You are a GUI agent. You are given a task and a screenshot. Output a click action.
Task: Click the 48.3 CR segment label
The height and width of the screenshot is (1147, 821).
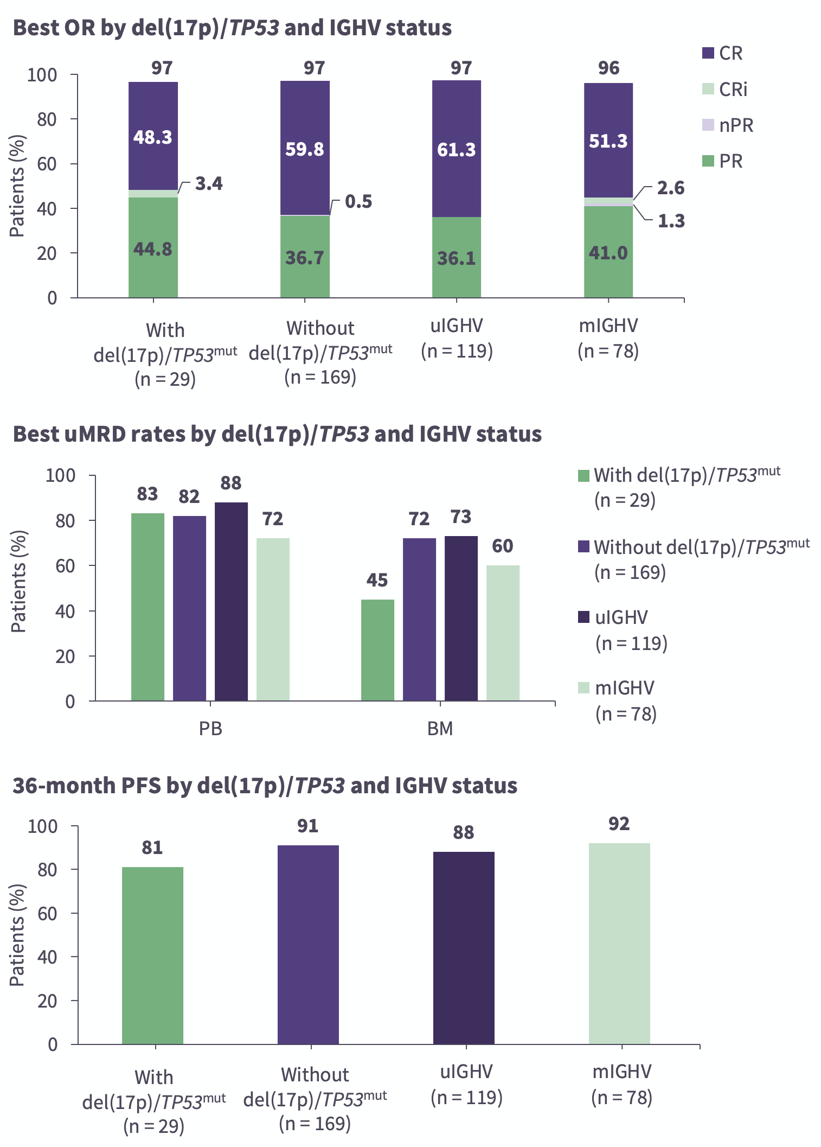pyautogui.click(x=153, y=137)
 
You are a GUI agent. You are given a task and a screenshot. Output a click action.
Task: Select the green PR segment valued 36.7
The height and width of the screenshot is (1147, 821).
pyautogui.click(x=305, y=257)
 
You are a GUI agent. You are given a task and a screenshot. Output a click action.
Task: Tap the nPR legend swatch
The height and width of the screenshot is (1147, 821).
pyautogui.click(x=708, y=125)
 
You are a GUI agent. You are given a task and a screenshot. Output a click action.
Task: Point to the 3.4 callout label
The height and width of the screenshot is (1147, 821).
pyautogui.click(x=209, y=184)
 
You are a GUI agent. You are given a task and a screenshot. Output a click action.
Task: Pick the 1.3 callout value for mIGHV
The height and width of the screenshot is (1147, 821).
pyautogui.click(x=671, y=221)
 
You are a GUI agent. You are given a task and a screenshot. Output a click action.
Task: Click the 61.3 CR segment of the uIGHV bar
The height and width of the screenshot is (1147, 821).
pyautogui.click(x=457, y=149)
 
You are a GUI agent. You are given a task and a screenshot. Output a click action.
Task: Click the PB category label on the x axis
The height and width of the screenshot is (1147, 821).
pyautogui.click(x=210, y=728)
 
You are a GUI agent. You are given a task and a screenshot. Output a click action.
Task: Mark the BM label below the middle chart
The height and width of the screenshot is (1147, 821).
pyautogui.click(x=440, y=728)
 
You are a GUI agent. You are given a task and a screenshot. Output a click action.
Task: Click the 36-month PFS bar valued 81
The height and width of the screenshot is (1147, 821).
pyautogui.click(x=152, y=955)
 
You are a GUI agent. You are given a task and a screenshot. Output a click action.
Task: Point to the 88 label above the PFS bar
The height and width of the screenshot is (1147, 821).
pyautogui.click(x=464, y=832)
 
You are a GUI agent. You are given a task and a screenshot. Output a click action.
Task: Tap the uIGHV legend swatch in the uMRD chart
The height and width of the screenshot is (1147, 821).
pyautogui.click(x=583, y=617)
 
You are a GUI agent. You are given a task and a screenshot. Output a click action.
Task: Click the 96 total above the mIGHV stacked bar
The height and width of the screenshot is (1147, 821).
pyautogui.click(x=608, y=68)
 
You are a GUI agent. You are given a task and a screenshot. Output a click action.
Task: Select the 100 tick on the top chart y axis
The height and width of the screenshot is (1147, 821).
pyautogui.click(x=42, y=75)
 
